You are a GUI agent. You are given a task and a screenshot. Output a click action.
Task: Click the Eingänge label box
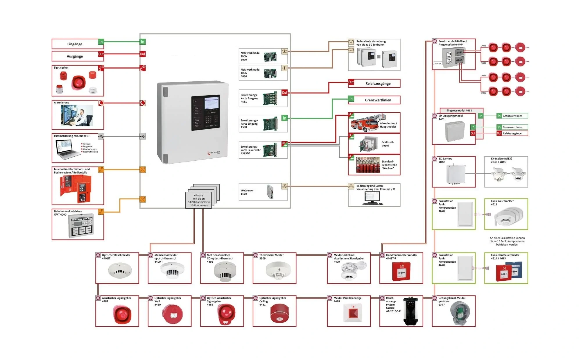click(x=75, y=44)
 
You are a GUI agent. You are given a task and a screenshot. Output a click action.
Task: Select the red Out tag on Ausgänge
click(x=101, y=54)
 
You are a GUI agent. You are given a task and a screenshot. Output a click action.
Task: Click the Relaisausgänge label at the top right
click(x=378, y=83)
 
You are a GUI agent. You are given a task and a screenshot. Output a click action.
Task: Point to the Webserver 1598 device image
click(x=270, y=192)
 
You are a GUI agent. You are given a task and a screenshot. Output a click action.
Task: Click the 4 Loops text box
click(x=199, y=200)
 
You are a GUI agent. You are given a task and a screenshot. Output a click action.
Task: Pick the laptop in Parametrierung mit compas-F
click(x=67, y=149)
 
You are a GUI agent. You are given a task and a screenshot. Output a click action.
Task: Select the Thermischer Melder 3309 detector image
click(x=278, y=270)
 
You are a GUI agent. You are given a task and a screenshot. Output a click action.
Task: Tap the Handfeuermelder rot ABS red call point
click(x=401, y=271)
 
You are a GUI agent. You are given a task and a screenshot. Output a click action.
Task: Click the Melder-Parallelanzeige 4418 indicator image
click(x=353, y=313)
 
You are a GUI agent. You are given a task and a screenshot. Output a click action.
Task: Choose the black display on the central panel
click(x=205, y=113)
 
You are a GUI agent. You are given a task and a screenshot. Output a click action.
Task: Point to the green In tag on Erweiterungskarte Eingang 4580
click(x=284, y=118)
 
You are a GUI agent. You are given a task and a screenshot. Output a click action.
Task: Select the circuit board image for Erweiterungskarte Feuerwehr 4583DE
click(x=270, y=150)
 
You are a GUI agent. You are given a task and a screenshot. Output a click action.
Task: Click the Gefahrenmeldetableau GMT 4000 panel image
click(x=81, y=226)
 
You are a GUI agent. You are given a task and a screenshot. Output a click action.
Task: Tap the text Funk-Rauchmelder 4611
click(x=502, y=203)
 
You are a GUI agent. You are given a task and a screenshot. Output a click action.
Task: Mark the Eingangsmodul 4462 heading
click(x=459, y=110)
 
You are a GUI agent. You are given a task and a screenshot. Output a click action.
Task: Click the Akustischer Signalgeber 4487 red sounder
click(x=122, y=314)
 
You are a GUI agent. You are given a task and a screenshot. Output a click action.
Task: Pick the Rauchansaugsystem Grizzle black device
click(x=410, y=311)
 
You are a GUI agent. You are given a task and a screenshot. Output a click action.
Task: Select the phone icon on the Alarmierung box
click(x=101, y=103)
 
